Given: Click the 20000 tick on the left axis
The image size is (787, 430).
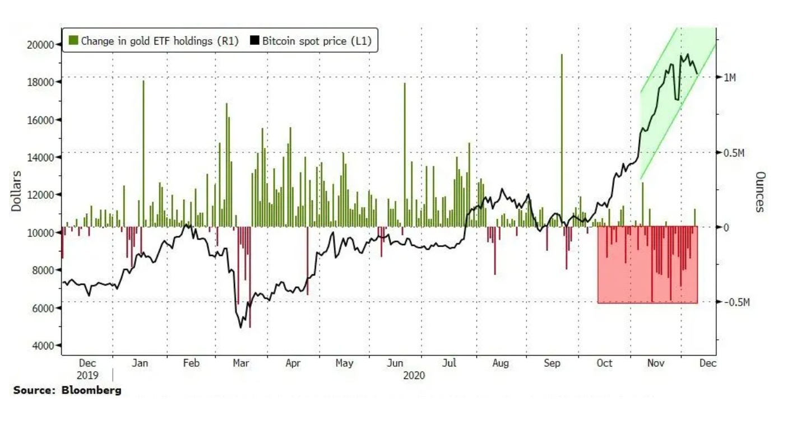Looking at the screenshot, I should click(x=40, y=45).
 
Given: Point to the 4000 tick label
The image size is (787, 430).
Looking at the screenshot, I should click(x=43, y=345).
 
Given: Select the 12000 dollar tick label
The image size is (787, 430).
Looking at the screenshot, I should click(x=40, y=195).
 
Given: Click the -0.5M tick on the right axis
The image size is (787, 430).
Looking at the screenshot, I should click(x=735, y=302).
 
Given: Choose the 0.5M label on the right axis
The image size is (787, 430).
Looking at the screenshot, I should click(x=733, y=153).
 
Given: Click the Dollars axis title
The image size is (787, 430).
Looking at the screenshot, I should click(x=16, y=191).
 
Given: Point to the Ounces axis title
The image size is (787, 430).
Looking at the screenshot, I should click(x=760, y=191).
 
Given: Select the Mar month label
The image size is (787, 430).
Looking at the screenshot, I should click(x=241, y=363).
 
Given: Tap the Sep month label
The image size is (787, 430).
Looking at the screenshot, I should click(x=552, y=363).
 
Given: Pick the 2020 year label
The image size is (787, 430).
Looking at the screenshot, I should click(x=414, y=375).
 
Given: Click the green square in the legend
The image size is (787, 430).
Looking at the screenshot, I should click(x=73, y=40).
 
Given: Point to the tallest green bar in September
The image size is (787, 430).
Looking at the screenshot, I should click(x=561, y=140).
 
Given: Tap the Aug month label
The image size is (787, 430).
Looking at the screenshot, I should click(x=501, y=363).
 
